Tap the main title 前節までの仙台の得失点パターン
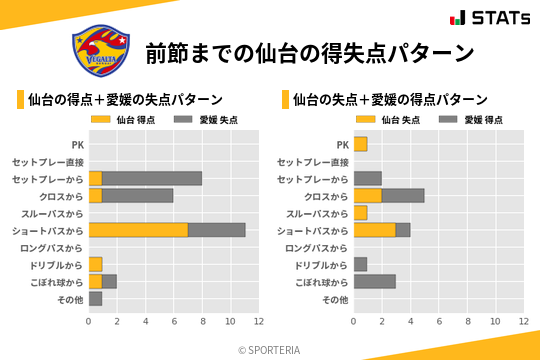pyautogui.click(x=309, y=52)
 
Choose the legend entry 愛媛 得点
pyautogui.click(x=464, y=120)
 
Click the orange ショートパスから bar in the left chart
pyautogui.click(x=138, y=230)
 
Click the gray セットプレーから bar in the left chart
pyautogui.click(x=152, y=179)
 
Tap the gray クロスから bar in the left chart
pyautogui.click(x=138, y=196)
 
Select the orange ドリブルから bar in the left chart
pyautogui.click(x=95, y=264)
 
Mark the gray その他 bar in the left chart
pyautogui.click(x=95, y=298)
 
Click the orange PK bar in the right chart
pyautogui.click(x=360, y=145)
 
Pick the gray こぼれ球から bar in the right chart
pyautogui.click(x=374, y=281)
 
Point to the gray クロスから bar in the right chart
pyautogui.click(x=403, y=196)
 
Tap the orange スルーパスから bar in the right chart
pyautogui.click(x=360, y=213)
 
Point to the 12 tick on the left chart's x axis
pyautogui.click(x=258, y=321)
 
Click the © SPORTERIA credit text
pyautogui.click(x=270, y=349)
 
